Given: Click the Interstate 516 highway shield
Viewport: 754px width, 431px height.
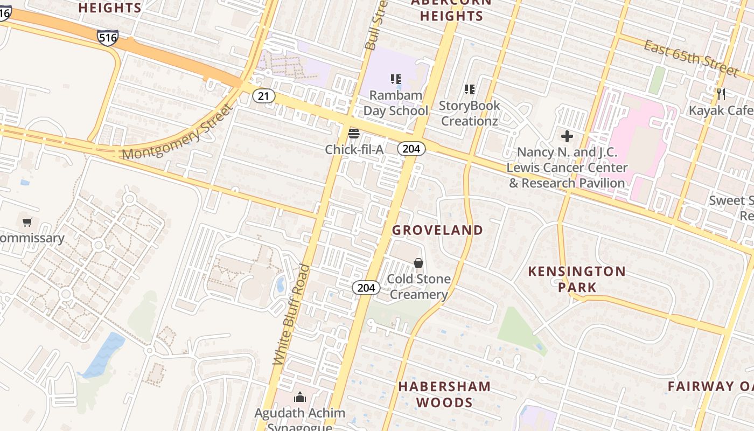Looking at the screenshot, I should point(108,37).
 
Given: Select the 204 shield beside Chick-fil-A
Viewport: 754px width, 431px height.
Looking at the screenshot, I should point(411,149).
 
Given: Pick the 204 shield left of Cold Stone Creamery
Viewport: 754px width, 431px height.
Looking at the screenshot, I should point(366,288).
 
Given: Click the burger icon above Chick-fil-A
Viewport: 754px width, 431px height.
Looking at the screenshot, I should point(354,133).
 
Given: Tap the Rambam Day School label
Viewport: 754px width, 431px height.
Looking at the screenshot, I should point(396,103).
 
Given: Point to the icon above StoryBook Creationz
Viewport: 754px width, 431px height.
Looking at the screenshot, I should point(470,89).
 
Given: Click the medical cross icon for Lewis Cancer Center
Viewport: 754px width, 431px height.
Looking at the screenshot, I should point(567,136).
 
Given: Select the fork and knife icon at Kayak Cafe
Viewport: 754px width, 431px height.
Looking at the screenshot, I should point(721,94).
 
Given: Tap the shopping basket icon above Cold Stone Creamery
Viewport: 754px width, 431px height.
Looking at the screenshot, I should point(418,263).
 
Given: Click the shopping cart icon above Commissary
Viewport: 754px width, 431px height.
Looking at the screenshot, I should point(27,222).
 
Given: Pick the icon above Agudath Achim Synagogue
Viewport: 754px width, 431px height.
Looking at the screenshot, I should point(300,398).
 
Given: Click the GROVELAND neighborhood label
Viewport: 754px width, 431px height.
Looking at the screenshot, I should point(437,230).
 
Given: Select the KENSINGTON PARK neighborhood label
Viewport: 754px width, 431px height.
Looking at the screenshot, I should point(577,279).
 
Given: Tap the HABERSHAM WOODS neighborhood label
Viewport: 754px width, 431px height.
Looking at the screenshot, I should point(444,394).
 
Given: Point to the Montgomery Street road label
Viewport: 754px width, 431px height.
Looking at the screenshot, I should point(177,132).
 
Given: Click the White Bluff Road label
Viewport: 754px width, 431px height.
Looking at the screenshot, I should point(291,315).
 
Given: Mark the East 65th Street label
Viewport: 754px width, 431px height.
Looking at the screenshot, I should point(691,58).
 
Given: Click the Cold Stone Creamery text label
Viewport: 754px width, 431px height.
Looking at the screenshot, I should point(419,287).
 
